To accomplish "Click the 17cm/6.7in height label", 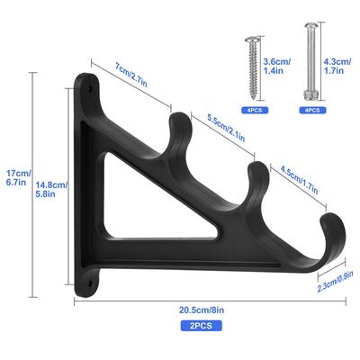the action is [x=19, y=177].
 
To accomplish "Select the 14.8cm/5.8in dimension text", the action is [x=51, y=189].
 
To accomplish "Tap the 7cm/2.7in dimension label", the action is [x=131, y=75].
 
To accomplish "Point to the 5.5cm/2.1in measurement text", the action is [x=227, y=128].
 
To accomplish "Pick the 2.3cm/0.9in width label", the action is [x=336, y=281].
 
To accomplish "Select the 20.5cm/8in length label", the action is [x=202, y=310].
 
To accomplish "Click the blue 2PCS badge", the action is [x=201, y=326].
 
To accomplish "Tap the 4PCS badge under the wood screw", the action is [x=255, y=111].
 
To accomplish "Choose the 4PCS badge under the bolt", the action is [x=312, y=111].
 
